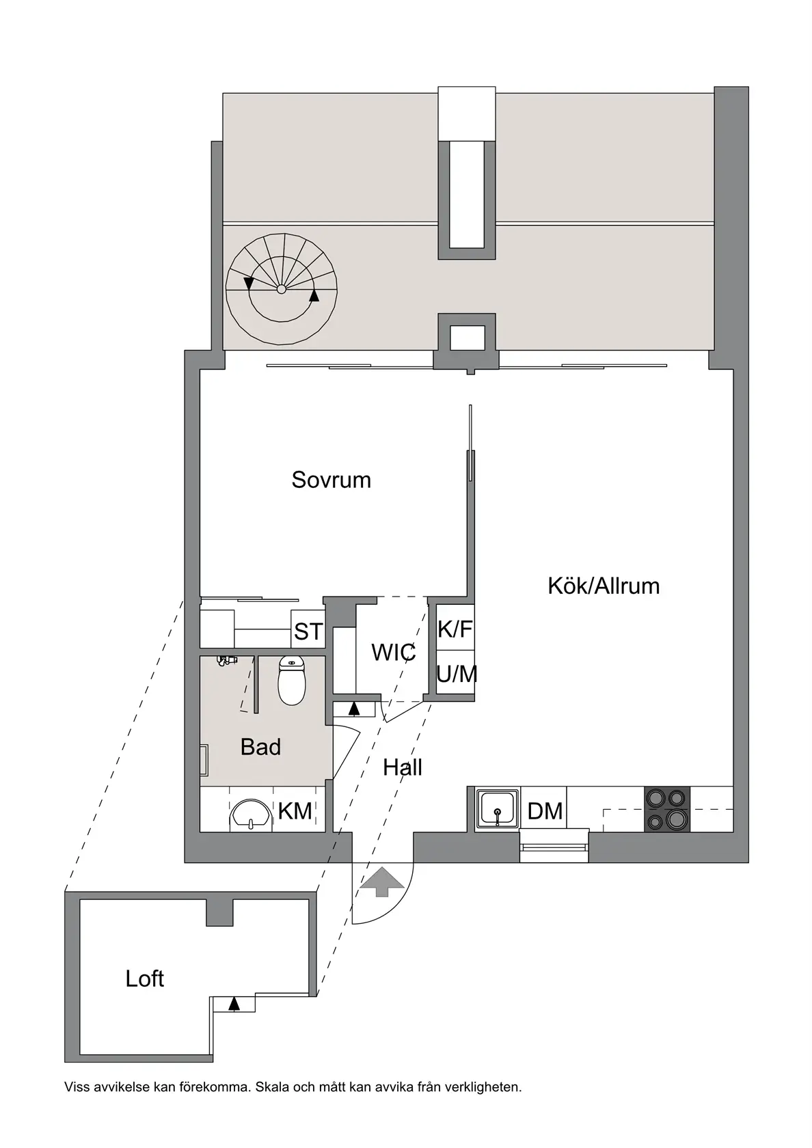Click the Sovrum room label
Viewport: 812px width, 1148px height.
[x=331, y=480]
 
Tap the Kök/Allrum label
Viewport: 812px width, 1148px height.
[x=604, y=586]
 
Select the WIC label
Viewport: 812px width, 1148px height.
[x=393, y=653]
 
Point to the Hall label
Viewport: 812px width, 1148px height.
[x=402, y=767]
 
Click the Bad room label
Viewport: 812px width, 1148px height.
[x=260, y=747]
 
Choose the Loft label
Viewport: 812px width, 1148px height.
[x=144, y=979]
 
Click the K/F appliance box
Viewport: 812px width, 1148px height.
[x=455, y=629]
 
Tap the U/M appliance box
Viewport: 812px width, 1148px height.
[x=456, y=674]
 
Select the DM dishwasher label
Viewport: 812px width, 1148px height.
[x=545, y=811]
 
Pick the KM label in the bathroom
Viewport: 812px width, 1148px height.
[x=295, y=811]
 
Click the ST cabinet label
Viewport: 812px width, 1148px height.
[x=308, y=632]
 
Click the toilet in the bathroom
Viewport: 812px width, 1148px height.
[x=292, y=681]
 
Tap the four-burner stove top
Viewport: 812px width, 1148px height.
[x=666, y=809]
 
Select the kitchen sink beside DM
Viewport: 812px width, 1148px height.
[x=498, y=809]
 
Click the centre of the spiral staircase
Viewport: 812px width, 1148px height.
[x=281, y=289]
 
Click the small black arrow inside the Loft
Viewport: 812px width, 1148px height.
[x=234, y=1003]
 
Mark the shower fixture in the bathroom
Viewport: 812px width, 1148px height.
[x=226, y=660]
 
